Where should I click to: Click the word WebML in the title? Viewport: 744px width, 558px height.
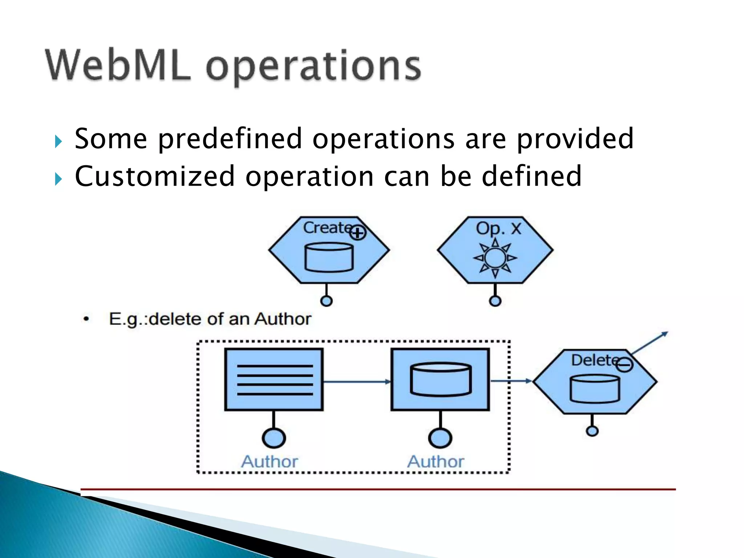[x=118, y=65]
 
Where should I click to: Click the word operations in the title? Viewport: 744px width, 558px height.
[x=314, y=67]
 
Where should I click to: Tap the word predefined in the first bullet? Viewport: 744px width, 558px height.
[x=230, y=139]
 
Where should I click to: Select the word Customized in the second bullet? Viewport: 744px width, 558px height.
[x=155, y=176]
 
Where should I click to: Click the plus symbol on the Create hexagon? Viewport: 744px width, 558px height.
[x=358, y=233]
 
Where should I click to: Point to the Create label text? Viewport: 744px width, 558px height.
[x=326, y=228]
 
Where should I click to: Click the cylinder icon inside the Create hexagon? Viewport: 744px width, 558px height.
[x=329, y=258]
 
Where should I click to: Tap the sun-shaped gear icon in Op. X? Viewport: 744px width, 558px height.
[x=495, y=258]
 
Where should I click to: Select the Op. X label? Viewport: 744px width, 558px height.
[x=498, y=229]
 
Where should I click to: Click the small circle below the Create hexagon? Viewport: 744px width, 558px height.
[x=326, y=301]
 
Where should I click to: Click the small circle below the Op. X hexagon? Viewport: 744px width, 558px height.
[x=495, y=301]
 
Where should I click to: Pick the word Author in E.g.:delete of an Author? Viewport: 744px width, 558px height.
[x=283, y=319]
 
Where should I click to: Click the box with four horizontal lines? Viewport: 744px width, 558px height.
[x=274, y=379]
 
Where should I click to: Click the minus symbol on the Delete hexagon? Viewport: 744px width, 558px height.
[x=625, y=364]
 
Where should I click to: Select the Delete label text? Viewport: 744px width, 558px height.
[x=594, y=360]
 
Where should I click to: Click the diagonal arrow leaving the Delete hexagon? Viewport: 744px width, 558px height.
[x=650, y=343]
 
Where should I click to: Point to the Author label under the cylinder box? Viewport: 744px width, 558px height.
[x=436, y=462]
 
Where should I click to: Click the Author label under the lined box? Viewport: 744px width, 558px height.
[x=270, y=462]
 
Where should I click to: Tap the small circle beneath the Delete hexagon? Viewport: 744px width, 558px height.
[x=592, y=431]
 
